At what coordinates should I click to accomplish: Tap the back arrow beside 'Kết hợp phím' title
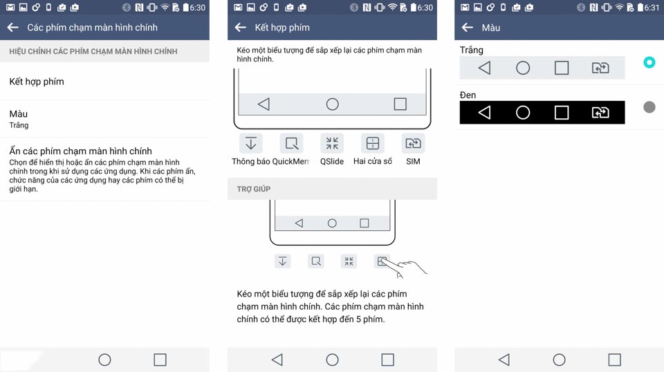(241, 28)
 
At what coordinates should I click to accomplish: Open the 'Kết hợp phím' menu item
(37, 82)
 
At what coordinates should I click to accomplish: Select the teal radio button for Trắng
(649, 63)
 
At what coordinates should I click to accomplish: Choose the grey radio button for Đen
(649, 107)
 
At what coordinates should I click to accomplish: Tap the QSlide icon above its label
(332, 143)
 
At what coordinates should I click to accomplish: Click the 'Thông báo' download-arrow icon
(250, 143)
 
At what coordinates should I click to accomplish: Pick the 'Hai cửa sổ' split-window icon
(373, 143)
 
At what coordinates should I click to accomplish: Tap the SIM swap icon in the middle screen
(414, 143)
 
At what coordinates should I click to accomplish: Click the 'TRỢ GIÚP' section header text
(254, 189)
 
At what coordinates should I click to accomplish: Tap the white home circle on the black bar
(523, 113)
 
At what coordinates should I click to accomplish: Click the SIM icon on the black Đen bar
(600, 113)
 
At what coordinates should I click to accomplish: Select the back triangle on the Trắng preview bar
(485, 68)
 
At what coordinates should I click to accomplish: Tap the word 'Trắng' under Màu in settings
(19, 125)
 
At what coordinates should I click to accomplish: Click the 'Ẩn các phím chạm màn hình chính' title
(80, 151)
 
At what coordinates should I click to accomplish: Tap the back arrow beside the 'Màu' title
(468, 28)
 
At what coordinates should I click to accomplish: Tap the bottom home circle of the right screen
(559, 360)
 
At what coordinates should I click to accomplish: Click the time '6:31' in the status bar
(652, 8)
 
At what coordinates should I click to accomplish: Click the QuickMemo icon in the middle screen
(291, 143)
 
